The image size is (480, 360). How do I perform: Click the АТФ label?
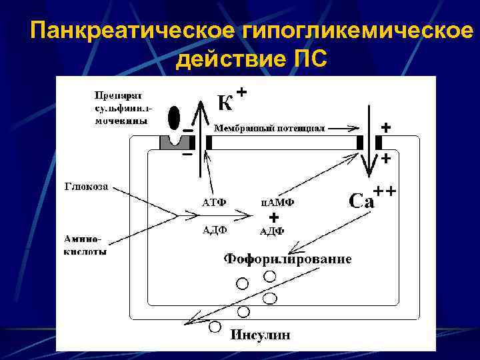point(215,201)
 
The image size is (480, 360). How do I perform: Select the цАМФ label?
point(277,201)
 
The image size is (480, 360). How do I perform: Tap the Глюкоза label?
point(87,185)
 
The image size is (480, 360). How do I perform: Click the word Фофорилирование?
point(287,259)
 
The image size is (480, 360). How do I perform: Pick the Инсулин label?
point(260,335)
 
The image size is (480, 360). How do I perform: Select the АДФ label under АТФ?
point(215,230)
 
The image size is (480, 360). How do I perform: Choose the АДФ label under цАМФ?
point(272,231)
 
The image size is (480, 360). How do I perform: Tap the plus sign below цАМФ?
point(273,217)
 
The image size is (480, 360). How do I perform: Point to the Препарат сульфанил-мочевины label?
point(123,108)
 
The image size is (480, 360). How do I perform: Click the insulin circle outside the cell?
point(215,327)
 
